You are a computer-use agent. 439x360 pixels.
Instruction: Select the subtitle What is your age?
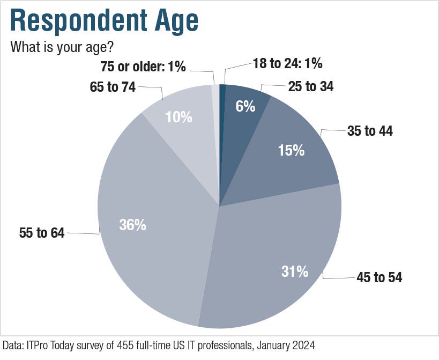(x=62, y=47)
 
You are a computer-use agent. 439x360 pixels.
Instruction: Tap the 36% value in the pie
(x=133, y=225)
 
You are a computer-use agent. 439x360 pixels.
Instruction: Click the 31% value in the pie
(x=295, y=271)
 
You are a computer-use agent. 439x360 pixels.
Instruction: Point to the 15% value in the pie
(x=291, y=150)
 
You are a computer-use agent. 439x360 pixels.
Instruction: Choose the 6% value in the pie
(x=245, y=106)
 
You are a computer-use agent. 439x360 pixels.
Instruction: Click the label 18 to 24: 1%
(x=287, y=64)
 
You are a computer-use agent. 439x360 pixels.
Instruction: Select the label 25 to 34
(x=311, y=86)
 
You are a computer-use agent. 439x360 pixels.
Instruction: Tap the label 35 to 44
(x=370, y=130)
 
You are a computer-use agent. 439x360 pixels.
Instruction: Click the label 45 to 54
(x=379, y=277)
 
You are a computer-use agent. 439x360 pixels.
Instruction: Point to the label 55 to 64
(x=41, y=233)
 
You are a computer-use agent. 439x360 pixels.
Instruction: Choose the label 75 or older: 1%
(x=143, y=67)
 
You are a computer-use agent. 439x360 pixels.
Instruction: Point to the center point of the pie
(x=219, y=205)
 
